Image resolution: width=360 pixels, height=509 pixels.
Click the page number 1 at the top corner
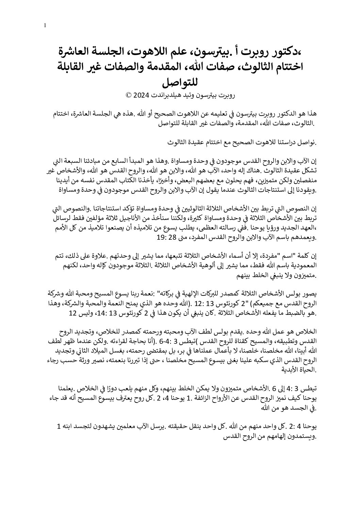click(45, 26)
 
